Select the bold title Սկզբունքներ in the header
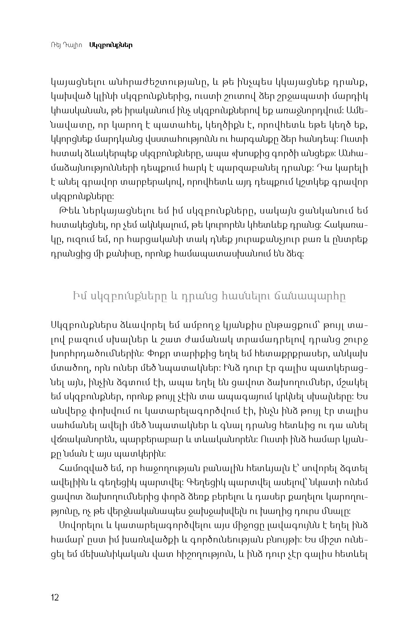pos(111,45)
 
